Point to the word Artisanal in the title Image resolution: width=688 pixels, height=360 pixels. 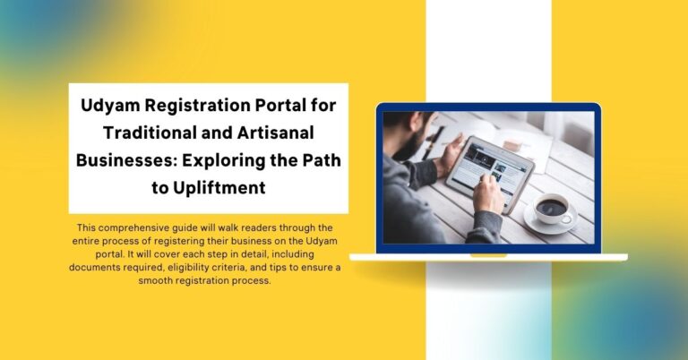point(276,133)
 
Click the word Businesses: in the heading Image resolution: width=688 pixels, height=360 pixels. point(126,160)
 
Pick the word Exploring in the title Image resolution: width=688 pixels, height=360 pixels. point(223,161)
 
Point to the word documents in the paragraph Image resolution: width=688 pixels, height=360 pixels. point(90,268)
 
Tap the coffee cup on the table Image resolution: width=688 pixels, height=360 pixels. point(552,210)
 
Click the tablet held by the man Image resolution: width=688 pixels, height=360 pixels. point(490,172)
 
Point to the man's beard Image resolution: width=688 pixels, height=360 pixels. point(406,145)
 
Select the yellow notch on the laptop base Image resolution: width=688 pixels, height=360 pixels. point(488,255)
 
